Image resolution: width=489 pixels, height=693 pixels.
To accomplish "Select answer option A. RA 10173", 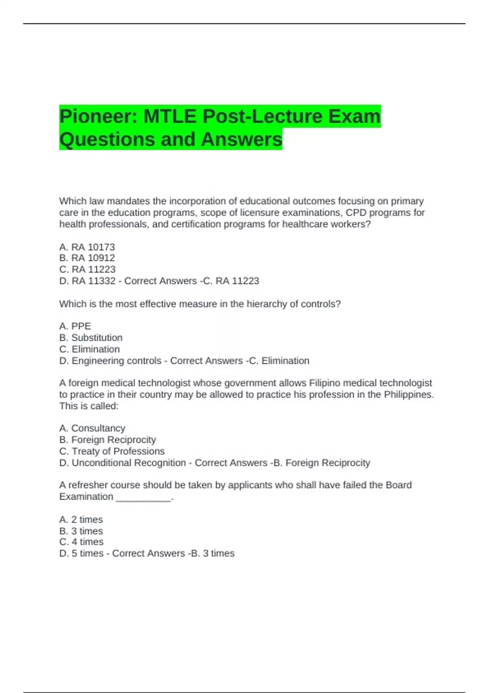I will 87,247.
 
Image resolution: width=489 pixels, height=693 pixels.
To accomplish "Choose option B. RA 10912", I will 87,258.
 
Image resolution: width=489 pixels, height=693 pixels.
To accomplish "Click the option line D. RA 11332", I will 87,281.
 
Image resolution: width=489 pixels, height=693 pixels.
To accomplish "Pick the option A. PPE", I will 75,326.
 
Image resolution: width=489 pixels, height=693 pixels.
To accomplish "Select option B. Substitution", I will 91,338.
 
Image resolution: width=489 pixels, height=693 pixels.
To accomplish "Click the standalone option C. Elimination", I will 90,349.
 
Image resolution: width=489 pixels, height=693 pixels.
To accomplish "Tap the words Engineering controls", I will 117,361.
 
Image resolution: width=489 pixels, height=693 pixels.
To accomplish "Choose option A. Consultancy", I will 92,428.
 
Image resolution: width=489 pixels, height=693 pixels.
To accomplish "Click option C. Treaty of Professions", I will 112,451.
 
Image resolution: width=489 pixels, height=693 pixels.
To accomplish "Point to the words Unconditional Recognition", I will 129,463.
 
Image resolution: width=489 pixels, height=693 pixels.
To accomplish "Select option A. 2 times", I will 81,519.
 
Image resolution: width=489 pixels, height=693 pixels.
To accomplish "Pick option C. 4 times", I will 81,542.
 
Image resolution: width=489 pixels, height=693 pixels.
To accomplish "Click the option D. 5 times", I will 81,553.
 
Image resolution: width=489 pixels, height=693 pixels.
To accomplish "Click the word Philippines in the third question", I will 409,395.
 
